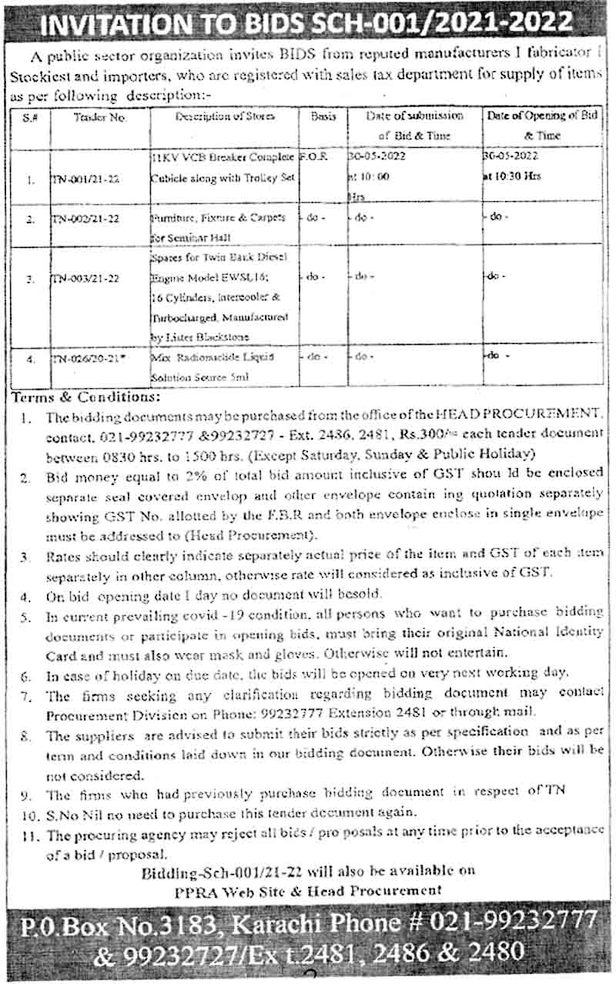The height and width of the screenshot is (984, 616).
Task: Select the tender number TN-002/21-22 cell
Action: click(x=85, y=219)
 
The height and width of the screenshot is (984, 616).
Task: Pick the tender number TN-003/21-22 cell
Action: click(x=85, y=279)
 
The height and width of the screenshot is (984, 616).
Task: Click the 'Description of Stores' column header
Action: click(x=225, y=116)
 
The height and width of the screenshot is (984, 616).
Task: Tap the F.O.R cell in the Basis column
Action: click(x=315, y=156)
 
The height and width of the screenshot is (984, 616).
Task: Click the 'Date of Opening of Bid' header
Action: click(x=543, y=116)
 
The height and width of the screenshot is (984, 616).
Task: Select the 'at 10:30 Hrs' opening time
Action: click(x=513, y=176)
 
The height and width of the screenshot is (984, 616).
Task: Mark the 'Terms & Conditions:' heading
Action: click(x=85, y=397)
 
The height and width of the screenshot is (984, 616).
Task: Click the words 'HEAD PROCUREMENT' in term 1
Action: click(x=524, y=417)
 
